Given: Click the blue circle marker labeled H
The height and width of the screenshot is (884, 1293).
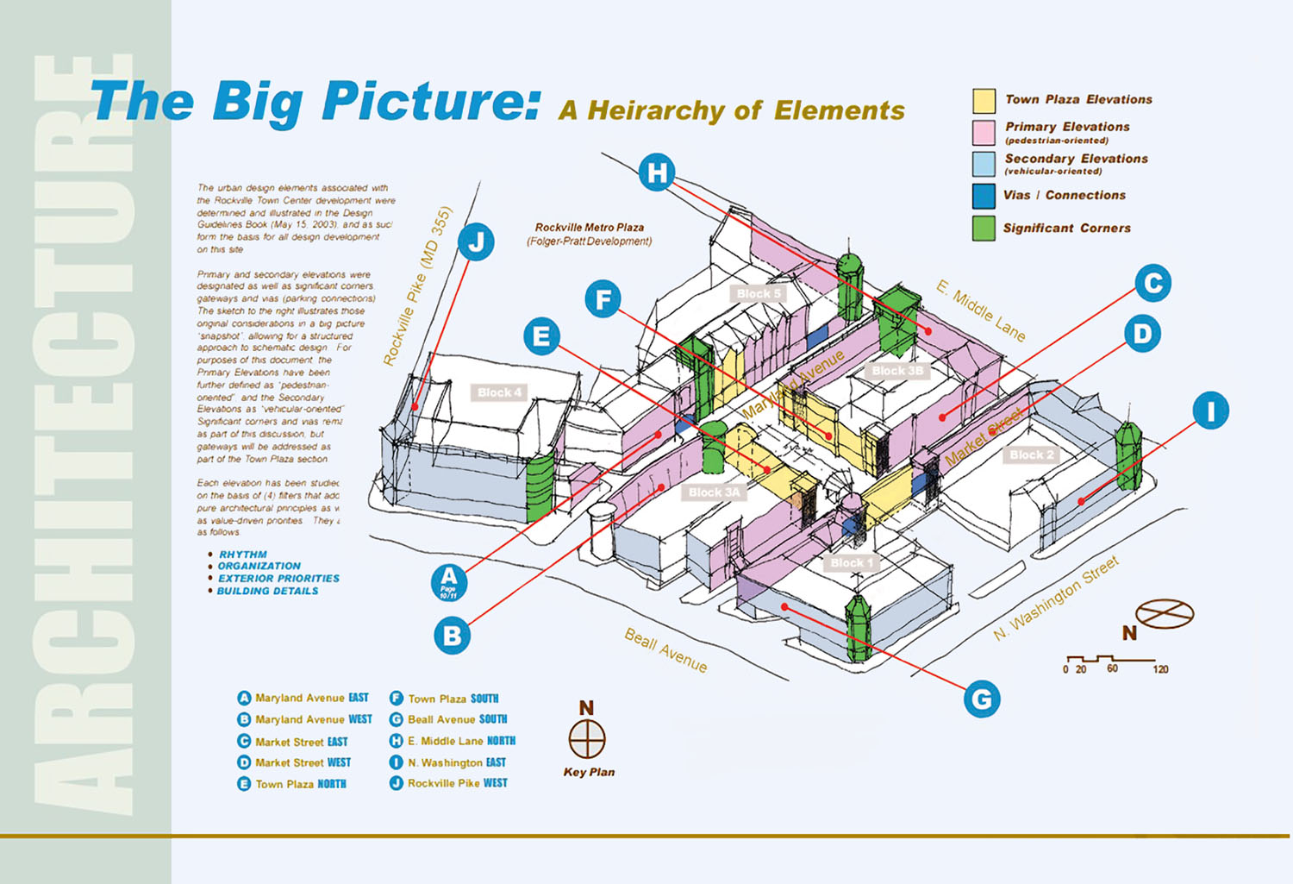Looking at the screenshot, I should (657, 172).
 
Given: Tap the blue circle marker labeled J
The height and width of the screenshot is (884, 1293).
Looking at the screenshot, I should (476, 241).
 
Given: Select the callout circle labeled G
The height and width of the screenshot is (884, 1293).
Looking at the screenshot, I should (981, 698).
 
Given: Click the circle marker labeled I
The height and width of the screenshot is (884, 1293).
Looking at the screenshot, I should (1210, 411).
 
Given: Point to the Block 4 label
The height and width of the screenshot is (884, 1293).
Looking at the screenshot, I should (499, 392).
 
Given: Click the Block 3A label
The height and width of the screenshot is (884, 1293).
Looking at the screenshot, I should (714, 492).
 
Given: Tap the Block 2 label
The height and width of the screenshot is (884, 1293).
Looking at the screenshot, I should (1031, 455).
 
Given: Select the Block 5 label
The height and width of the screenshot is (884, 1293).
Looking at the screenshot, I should (759, 293).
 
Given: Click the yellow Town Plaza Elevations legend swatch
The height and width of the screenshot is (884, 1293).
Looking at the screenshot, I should (984, 100).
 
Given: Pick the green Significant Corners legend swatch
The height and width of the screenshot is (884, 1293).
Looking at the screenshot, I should (984, 229).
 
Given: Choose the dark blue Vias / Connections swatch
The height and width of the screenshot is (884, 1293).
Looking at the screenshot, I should (984, 196).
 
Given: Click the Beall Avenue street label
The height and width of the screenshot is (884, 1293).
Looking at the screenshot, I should (665, 650).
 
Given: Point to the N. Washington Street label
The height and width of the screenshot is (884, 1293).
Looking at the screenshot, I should (1056, 599).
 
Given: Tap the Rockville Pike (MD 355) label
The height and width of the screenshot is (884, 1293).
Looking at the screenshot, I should (417, 286).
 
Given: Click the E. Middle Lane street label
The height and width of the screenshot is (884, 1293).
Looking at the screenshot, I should (981, 310).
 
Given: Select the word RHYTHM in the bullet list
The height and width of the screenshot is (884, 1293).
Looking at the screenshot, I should (242, 555).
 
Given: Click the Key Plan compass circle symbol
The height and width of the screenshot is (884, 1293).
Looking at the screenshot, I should (587, 739).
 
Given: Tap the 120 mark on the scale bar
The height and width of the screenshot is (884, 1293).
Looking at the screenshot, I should (1160, 669).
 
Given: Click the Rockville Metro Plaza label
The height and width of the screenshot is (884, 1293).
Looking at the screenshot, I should (590, 228).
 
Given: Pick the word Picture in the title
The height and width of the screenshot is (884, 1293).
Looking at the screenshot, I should (431, 101).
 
